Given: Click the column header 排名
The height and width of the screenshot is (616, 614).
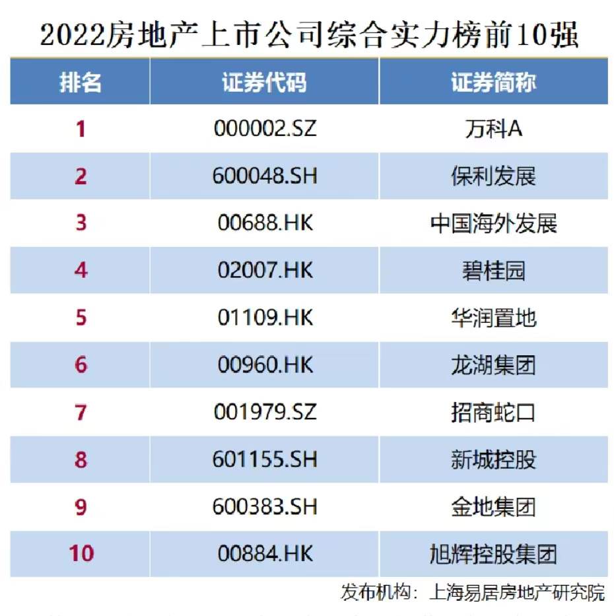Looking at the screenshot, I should tap(81, 83).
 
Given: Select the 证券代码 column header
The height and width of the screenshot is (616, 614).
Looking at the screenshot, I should tap(264, 83).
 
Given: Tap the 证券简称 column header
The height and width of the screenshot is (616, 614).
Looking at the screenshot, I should tap(493, 83).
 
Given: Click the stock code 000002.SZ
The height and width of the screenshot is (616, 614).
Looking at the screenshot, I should tap(265, 128).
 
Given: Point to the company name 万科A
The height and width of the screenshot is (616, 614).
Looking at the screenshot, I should tap(493, 128).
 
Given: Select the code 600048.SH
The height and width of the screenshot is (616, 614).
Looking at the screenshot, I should tap(265, 176).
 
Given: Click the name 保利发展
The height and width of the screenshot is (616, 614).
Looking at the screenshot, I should tap(493, 176).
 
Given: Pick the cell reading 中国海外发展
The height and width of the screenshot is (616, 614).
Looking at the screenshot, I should tap(493, 223).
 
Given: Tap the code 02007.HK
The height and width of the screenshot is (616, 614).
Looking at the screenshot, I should tap(265, 270).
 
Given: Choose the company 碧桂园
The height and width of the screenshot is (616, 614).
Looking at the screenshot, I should tap(493, 270).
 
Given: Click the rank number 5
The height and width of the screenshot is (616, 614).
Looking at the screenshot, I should tap(81, 318).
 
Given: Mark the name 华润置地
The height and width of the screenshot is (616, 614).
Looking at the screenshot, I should tap(493, 318).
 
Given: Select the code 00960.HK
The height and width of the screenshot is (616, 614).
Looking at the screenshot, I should tap(265, 364).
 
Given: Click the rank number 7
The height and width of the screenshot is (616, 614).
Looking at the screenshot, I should tap(81, 412).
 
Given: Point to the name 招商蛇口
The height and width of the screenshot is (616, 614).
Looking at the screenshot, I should tap(493, 412).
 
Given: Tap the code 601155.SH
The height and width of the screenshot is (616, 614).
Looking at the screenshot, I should tap(265, 460).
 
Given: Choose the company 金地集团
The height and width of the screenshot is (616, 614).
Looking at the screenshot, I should tap(493, 506).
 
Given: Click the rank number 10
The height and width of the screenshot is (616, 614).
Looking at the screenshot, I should tap(81, 553).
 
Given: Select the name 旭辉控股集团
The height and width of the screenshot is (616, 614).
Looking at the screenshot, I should tap(493, 553).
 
